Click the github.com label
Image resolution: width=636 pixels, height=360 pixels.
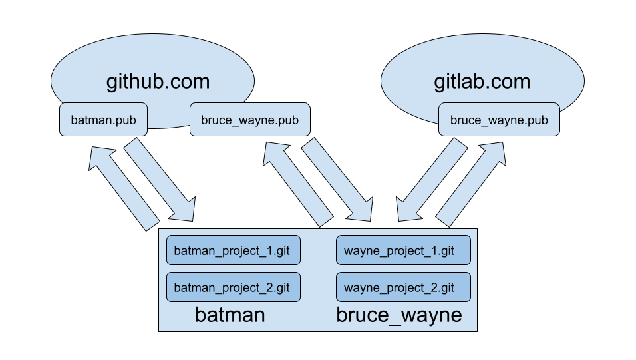point(158,82)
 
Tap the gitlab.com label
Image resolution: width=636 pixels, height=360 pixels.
point(482,82)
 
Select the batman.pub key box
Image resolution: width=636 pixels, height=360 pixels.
point(103,120)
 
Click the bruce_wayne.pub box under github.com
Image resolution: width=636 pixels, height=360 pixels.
point(249,120)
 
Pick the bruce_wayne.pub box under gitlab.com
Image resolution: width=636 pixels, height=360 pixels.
point(499,120)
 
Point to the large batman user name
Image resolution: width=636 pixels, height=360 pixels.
point(230,315)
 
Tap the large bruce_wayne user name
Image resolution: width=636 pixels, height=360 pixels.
point(399,315)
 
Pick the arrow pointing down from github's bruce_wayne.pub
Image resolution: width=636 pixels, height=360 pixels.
point(337,180)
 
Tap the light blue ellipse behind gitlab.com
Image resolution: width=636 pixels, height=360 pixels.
point(482,60)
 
